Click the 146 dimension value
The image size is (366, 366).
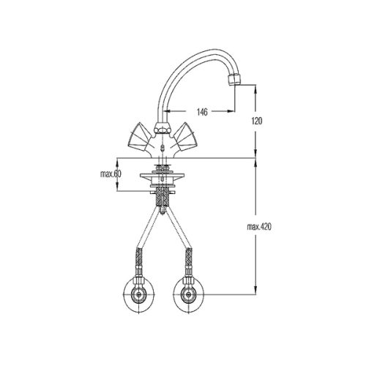pyautogui.click(x=202, y=112)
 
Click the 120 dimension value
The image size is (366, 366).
pyautogui.click(x=256, y=121)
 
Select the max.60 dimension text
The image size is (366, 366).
pyautogui.click(x=111, y=174)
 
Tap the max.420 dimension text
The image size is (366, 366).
pyautogui.click(x=259, y=227)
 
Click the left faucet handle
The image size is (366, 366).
pyautogui.click(x=139, y=137)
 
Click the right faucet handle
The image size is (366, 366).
pyautogui.click(x=184, y=137)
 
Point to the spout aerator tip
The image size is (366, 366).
pyautogui.click(x=235, y=80)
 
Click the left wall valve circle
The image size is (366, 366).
pyautogui.click(x=139, y=295)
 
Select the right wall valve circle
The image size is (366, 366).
pyautogui.click(x=189, y=295)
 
